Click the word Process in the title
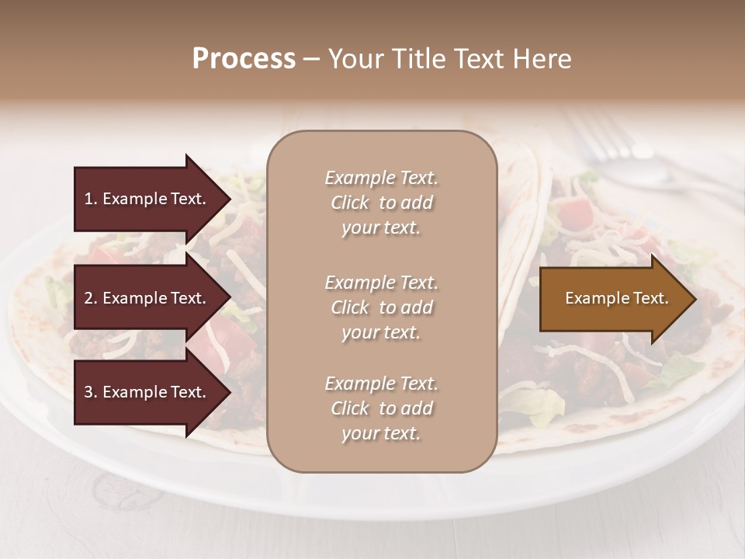pyautogui.click(x=244, y=59)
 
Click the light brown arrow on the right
pyautogui.click(x=613, y=299)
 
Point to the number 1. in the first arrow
pyautogui.click(x=91, y=199)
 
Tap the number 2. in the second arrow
pyautogui.click(x=91, y=298)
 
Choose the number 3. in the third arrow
pyautogui.click(x=91, y=393)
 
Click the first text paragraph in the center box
pyautogui.click(x=381, y=203)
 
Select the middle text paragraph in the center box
pyautogui.click(x=381, y=307)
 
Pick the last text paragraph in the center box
pyautogui.click(x=381, y=408)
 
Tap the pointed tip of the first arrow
pyautogui.click(x=230, y=199)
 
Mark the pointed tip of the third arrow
pyautogui.click(x=230, y=393)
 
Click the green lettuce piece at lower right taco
pyautogui.click(x=543, y=404)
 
